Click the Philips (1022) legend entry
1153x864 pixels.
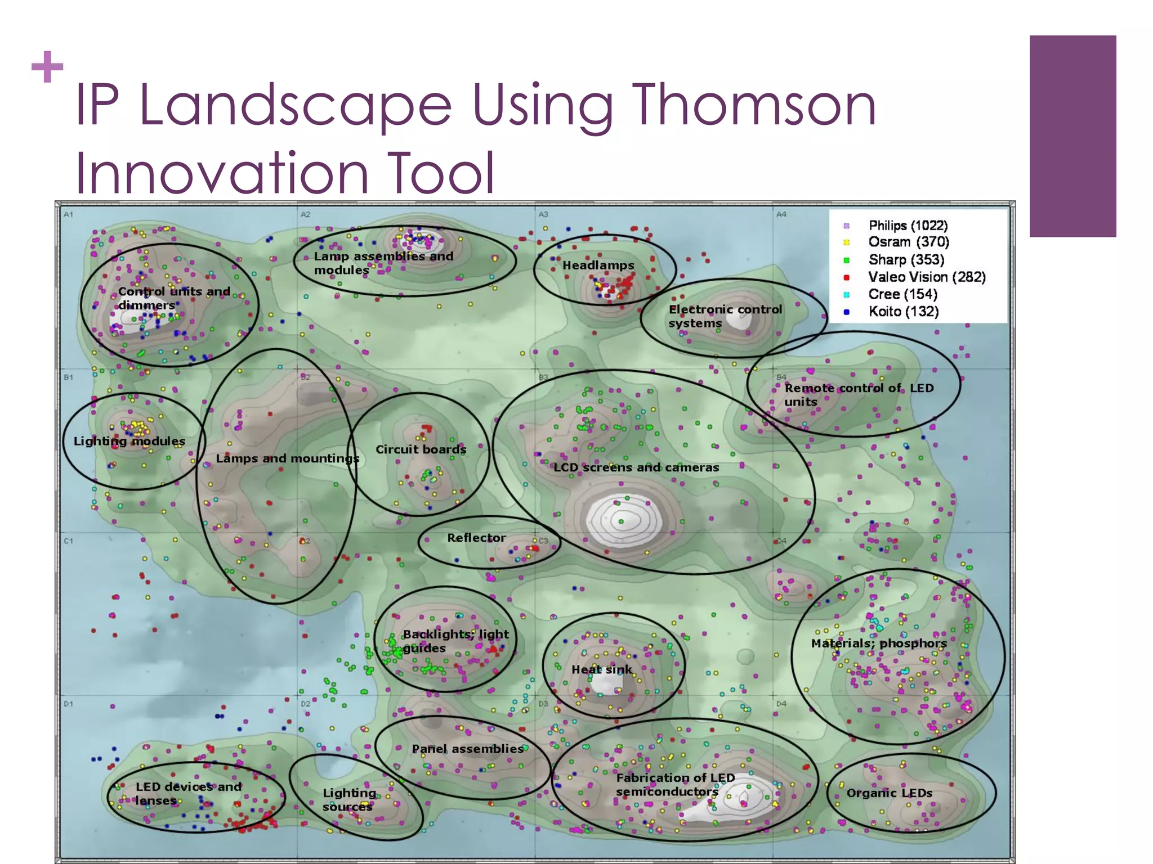pos(908,226)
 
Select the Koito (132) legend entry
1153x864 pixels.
pos(903,312)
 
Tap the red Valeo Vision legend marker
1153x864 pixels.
pos(846,277)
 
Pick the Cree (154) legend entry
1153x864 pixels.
pos(902,294)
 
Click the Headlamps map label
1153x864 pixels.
pos(598,265)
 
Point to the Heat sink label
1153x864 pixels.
pos(601,669)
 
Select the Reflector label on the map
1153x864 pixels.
pos(476,538)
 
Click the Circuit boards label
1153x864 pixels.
pos(421,449)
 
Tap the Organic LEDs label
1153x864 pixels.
pos(890,793)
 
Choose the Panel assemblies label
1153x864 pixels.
pos(467,749)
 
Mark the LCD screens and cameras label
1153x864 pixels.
pos(636,467)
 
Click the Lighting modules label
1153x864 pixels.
pos(129,441)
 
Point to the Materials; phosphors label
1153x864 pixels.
pos(878,643)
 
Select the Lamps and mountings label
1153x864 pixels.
pos(287,458)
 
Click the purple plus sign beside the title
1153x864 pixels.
pos(47,67)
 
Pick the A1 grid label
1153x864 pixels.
pos(68,214)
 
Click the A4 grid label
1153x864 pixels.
pos(781,214)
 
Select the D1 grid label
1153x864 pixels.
pos(68,704)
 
